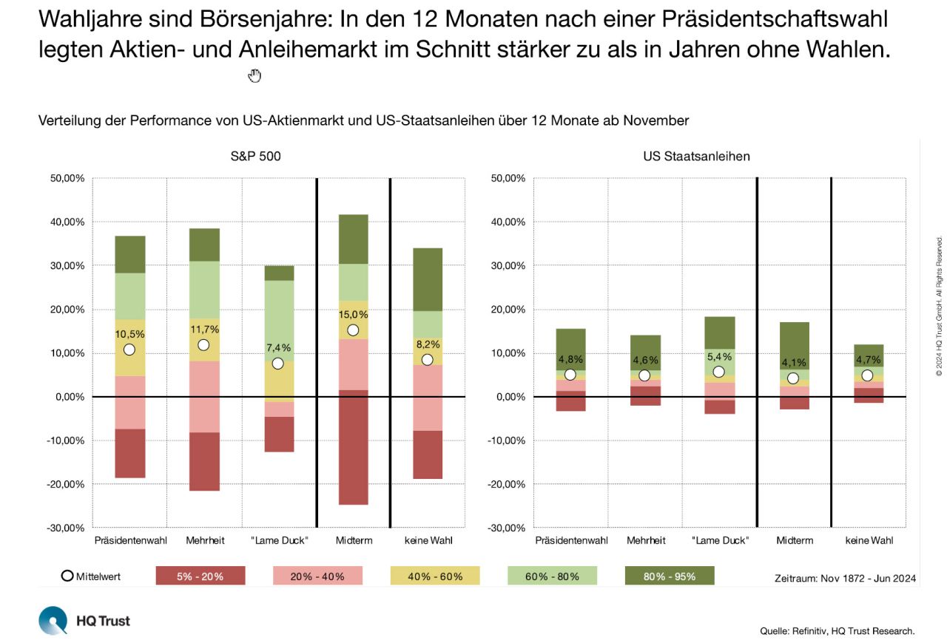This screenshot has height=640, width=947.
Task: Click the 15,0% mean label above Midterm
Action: pos(353,314)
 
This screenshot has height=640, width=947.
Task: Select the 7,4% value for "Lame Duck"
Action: pos(278,347)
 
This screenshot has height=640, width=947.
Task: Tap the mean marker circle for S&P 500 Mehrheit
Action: pos(203,345)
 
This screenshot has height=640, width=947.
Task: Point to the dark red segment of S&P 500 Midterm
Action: pos(353,447)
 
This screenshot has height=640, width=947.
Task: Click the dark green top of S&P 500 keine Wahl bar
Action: pos(428,279)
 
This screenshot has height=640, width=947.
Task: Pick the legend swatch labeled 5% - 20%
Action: pos(200,576)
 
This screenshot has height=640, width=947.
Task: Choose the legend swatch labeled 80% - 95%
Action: pos(670,576)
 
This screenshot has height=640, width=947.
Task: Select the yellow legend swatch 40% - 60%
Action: pos(435,576)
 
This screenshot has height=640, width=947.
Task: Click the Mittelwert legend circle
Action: pos(67,576)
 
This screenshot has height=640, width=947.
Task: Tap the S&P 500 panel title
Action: pos(256,157)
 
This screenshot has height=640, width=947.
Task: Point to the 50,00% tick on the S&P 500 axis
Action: pos(67,179)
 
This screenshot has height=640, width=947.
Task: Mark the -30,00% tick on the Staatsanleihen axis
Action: pos(508,528)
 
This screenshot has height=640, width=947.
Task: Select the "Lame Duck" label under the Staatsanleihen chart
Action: pos(719,541)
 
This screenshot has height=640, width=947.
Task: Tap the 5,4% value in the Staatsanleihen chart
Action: pos(718,356)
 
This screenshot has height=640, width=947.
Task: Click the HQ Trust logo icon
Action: pos(53,620)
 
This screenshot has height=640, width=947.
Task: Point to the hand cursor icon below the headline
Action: pos(255,75)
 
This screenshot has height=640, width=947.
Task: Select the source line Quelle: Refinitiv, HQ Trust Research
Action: pos(837,630)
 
